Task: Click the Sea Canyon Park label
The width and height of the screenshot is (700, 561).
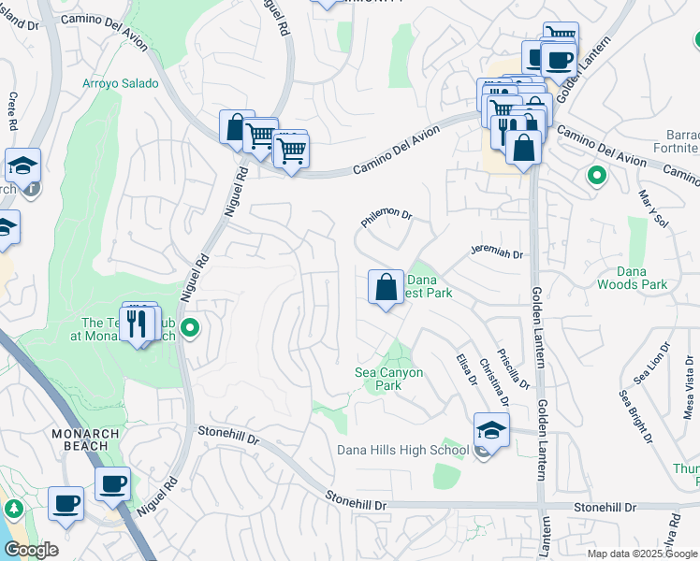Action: (389, 379)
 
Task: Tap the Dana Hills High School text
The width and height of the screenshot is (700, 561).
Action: (402, 451)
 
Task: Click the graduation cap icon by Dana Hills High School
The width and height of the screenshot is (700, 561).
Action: (491, 429)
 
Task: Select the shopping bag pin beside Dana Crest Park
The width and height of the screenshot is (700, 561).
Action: (386, 288)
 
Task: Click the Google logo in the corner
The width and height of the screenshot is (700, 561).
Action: (30, 550)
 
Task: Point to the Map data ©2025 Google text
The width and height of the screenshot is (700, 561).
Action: (641, 554)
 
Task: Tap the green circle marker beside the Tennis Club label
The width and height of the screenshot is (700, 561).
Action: (190, 328)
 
